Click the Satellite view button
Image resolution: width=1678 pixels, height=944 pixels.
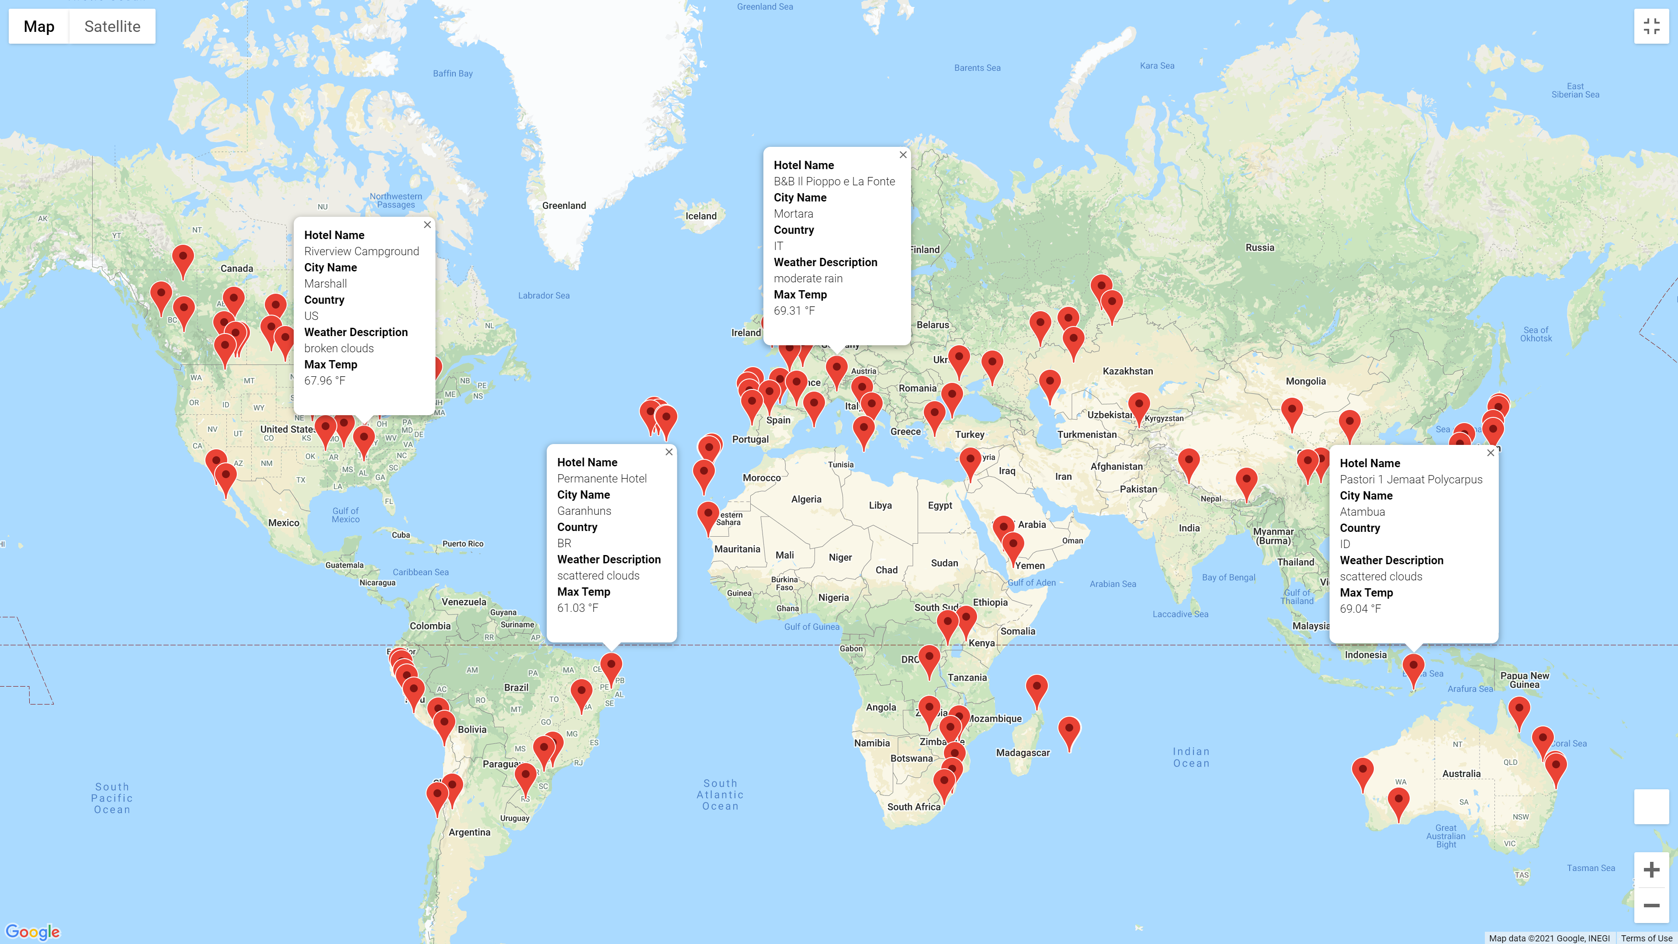click(x=112, y=27)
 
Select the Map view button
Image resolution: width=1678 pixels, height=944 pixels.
click(x=39, y=27)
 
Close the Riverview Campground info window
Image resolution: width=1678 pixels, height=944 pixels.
click(x=427, y=225)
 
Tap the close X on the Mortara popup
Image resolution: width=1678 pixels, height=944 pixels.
click(x=903, y=155)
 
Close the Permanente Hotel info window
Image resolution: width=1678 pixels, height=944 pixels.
click(x=669, y=452)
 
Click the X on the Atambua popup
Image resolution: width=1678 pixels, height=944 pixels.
click(x=1491, y=453)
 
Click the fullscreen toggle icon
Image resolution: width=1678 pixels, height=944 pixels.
click(x=1651, y=27)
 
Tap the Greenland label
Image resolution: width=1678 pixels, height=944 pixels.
click(x=564, y=206)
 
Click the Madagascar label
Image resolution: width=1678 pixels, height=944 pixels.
click(x=1023, y=753)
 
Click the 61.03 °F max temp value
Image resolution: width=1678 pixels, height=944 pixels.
click(x=578, y=608)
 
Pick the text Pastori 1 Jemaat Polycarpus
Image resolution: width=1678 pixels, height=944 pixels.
click(x=1411, y=479)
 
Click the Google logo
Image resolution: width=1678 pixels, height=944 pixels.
click(x=33, y=932)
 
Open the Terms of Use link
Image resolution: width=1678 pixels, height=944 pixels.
click(x=1646, y=938)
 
